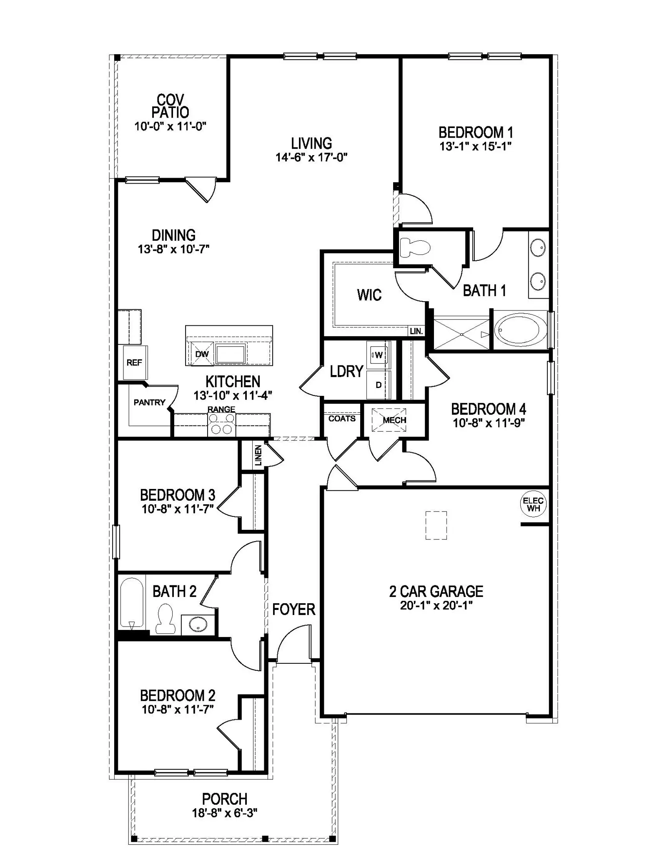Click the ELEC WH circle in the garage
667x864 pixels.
(533, 504)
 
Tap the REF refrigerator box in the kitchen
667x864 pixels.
(134, 363)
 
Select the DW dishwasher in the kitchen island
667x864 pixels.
(202, 354)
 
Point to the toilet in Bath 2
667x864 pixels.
(165, 620)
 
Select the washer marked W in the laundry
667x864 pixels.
(378, 355)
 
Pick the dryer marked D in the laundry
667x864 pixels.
(379, 385)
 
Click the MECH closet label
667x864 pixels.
(394, 420)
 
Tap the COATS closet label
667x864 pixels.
(342, 418)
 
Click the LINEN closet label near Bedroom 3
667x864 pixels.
(258, 455)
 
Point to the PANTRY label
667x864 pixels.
(149, 402)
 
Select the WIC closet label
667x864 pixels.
(369, 295)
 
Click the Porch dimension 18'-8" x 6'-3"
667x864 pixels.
(225, 813)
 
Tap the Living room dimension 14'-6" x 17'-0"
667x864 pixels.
(311, 157)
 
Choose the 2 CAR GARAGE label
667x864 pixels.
(436, 591)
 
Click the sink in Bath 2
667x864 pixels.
(198, 625)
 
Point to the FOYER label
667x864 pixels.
(293, 610)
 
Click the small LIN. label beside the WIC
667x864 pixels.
(416, 332)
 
